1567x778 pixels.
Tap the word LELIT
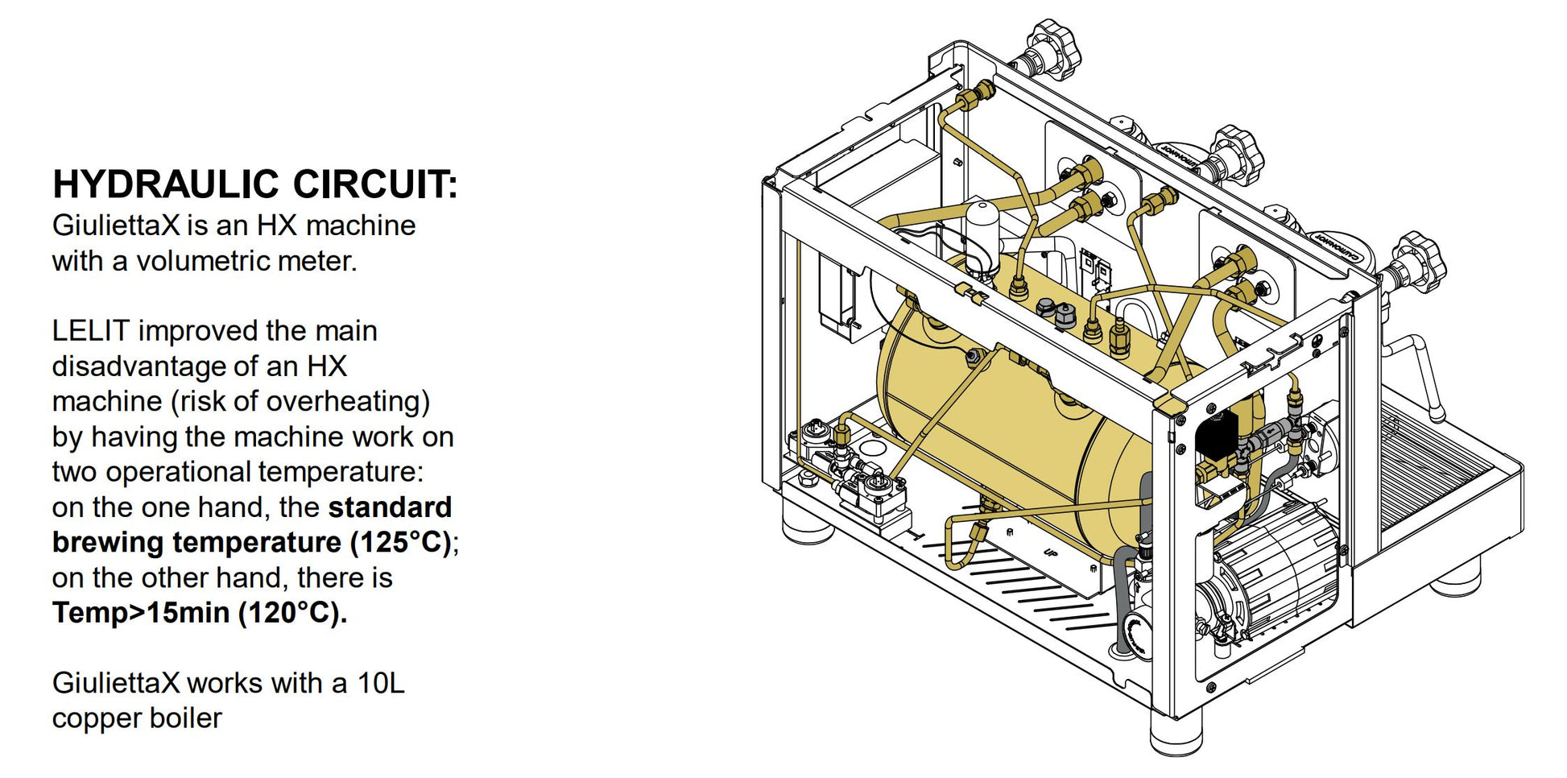click(x=90, y=330)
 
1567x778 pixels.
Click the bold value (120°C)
click(x=292, y=613)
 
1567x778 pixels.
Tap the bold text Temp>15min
click(x=140, y=613)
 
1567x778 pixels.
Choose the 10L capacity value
click(x=380, y=683)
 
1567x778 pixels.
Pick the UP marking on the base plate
click(x=1050, y=552)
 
